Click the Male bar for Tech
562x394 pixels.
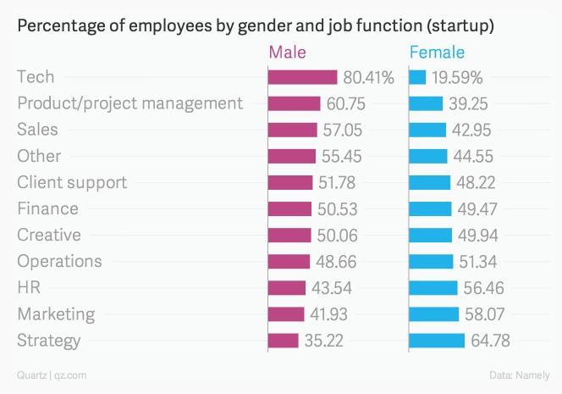302,77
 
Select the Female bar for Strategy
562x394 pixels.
437,341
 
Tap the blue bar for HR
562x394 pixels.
433,288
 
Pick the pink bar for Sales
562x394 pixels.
292,130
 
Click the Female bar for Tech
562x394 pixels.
417,77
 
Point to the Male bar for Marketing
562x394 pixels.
286,314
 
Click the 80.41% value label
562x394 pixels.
369,78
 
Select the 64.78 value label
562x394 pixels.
491,341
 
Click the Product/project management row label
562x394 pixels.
129,103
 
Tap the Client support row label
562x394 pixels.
72,182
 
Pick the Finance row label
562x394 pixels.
47,208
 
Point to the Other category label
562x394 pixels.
39,156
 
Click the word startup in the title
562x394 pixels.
460,26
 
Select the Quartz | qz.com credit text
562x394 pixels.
51,375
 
